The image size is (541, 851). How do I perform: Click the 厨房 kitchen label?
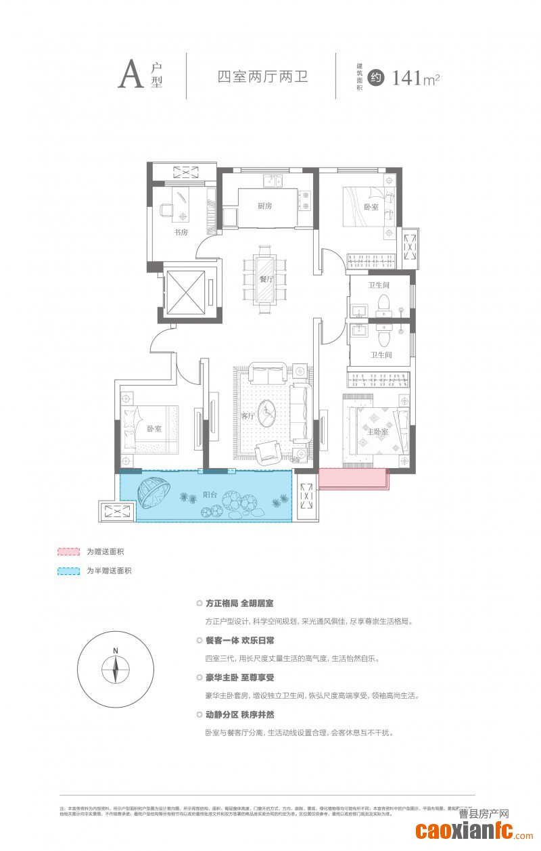coord(264,206)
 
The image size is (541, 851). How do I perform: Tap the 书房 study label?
coord(180,232)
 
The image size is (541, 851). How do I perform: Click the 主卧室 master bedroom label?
coord(377,432)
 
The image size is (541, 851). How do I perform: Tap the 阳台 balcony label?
coord(210,495)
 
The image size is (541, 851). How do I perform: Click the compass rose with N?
coord(116,670)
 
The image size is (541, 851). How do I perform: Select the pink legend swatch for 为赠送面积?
coord(68,552)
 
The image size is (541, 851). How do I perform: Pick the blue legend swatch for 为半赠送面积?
coord(68,571)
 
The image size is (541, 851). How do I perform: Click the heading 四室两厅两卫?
coord(262,76)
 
